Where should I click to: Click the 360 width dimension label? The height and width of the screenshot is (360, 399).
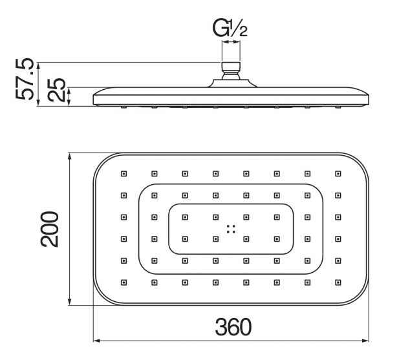(x=233, y=327)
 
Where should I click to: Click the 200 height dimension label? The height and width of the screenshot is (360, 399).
(x=49, y=229)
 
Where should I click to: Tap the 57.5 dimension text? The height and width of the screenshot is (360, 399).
(x=25, y=79)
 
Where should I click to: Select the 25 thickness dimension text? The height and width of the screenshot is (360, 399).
(x=56, y=90)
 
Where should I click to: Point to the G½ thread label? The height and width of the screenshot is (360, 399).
(x=230, y=28)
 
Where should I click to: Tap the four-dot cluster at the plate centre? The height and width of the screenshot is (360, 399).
(x=231, y=229)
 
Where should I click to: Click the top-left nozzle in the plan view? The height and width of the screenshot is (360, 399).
(x=124, y=174)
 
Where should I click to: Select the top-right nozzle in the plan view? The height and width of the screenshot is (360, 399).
(x=338, y=174)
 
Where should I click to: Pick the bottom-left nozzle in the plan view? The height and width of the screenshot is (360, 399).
(x=124, y=282)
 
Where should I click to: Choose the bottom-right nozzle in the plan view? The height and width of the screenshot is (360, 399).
(x=338, y=282)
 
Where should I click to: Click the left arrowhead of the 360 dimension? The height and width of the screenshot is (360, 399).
(x=97, y=341)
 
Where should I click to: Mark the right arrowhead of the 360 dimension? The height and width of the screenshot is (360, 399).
(x=365, y=341)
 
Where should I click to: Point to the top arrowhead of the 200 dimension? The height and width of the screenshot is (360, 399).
(x=69, y=156)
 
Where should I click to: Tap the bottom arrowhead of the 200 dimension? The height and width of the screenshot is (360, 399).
(x=69, y=302)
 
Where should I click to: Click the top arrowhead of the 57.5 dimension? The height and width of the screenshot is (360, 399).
(x=38, y=66)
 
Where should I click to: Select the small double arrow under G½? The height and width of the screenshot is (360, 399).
(x=231, y=42)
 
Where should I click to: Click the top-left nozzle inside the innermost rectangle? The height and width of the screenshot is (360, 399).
(x=185, y=217)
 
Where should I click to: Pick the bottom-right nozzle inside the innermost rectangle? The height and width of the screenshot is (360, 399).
(x=277, y=239)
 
